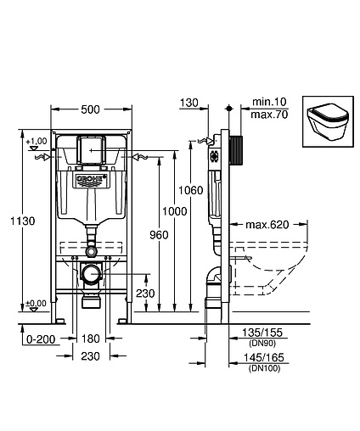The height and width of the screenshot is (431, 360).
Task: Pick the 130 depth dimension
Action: click(x=188, y=103)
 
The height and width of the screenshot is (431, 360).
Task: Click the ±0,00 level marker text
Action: click(x=36, y=304)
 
